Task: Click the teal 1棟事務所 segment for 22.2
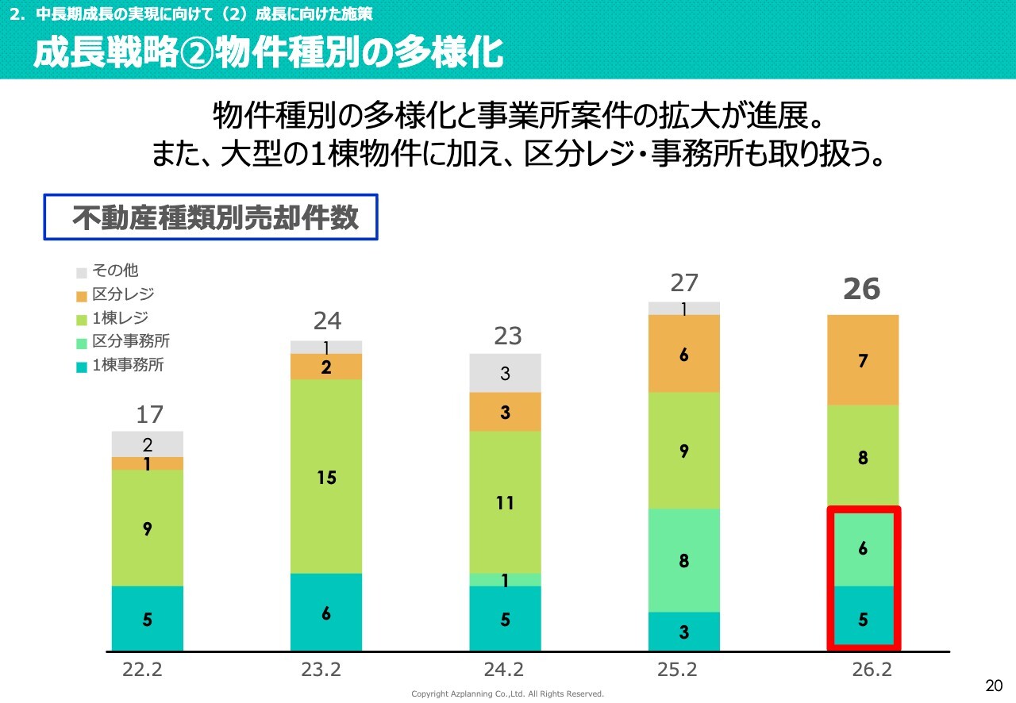[x=148, y=619]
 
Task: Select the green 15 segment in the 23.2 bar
[x=326, y=476]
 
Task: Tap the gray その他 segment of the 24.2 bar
[x=505, y=373]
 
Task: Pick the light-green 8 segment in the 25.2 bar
[x=683, y=560]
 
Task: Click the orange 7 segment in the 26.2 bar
[x=863, y=360]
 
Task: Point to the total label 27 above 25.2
[x=683, y=283]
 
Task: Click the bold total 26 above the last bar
[x=862, y=290]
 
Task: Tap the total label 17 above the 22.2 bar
[x=148, y=414]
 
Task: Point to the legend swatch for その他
[x=82, y=272]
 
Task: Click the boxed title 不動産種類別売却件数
[x=210, y=217]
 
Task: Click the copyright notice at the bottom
[x=507, y=694]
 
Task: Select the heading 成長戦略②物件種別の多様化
[x=268, y=53]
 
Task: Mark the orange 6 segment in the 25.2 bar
[x=683, y=354]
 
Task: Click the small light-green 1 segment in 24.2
[x=505, y=580]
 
